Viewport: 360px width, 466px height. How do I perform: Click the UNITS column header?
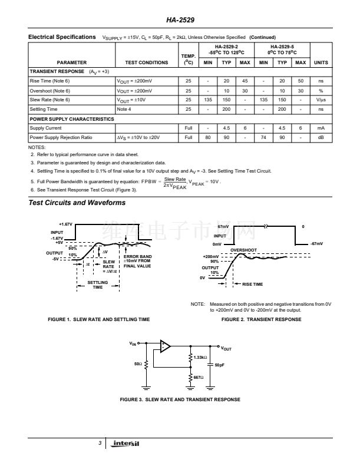click(321, 62)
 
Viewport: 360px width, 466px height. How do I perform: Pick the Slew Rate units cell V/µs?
click(321, 100)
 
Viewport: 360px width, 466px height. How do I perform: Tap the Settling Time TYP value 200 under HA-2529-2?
click(226, 109)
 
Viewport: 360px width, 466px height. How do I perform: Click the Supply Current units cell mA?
click(321, 128)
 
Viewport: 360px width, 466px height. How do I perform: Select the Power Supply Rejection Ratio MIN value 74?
click(263, 137)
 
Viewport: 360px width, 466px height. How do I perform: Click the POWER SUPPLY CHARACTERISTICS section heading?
click(72, 118)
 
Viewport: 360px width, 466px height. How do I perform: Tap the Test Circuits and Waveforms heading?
click(77, 203)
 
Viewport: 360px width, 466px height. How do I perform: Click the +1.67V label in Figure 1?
click(65, 224)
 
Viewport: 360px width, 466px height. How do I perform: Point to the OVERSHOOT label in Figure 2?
click(243, 250)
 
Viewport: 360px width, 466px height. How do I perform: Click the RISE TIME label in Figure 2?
click(253, 285)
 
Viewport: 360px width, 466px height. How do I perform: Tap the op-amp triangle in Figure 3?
click(165, 346)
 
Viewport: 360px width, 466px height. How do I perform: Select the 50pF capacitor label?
click(220, 365)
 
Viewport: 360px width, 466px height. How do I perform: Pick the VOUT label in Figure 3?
click(226, 348)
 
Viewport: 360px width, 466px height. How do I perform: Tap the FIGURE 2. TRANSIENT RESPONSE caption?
click(261, 319)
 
